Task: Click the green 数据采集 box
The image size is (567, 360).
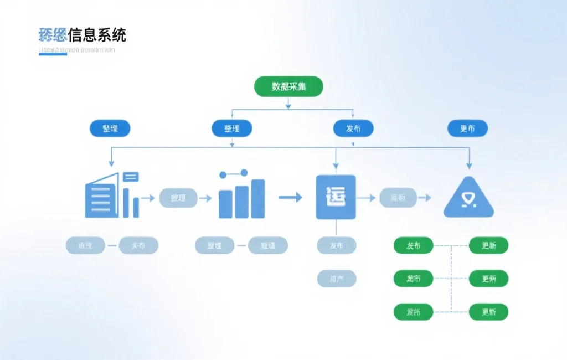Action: pos(288,86)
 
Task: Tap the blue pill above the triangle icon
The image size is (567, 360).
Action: pos(467,128)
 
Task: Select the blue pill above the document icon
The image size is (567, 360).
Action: pos(110,128)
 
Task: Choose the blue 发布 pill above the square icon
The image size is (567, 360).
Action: pos(353,128)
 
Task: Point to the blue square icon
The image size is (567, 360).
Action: pos(336,197)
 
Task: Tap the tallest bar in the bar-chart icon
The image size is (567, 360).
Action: pos(257,198)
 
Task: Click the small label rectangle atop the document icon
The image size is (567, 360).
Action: pos(131,177)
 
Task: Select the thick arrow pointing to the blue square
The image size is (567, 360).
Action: pos(290,197)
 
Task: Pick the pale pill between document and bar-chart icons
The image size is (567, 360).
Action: pos(178,198)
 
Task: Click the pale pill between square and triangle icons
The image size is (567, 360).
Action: pos(398,197)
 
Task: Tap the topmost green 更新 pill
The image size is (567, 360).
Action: pos(488,245)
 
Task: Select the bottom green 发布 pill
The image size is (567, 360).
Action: pos(413,312)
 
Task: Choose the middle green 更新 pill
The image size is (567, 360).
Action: pos(488,279)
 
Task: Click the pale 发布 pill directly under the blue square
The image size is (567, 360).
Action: pos(336,245)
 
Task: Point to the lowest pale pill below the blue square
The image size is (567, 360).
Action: pos(336,279)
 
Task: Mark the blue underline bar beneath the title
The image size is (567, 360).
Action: pos(53,54)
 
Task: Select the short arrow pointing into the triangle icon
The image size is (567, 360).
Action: pos(425,197)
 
